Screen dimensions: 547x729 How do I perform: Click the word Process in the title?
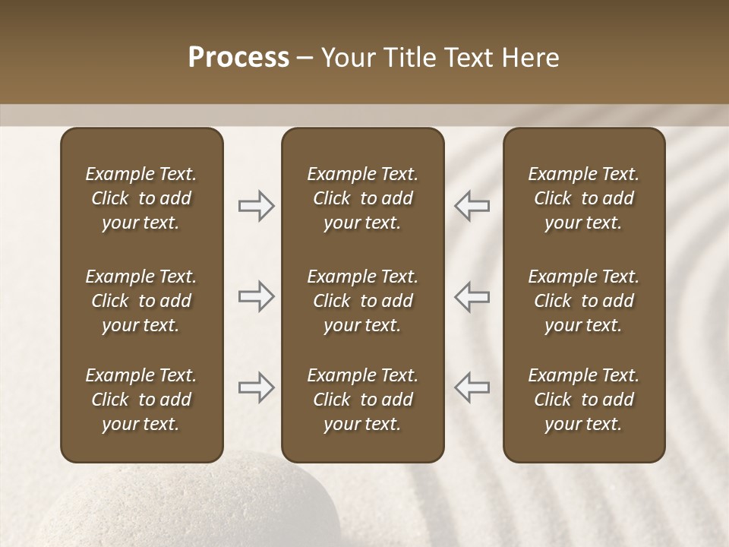(238, 58)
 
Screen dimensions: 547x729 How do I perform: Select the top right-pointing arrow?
(256, 206)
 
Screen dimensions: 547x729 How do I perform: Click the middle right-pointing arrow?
(256, 296)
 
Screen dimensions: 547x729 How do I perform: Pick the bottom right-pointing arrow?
(256, 387)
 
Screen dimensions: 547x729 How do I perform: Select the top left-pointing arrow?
(472, 206)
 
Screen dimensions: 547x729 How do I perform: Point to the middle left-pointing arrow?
(472, 296)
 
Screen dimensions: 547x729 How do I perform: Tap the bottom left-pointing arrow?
(472, 387)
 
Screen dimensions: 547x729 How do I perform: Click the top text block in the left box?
(141, 198)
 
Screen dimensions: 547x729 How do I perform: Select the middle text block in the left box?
(141, 301)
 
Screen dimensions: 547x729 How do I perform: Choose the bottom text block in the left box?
(141, 400)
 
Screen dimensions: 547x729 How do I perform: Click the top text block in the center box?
(362, 198)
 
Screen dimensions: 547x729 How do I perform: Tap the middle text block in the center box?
(362, 301)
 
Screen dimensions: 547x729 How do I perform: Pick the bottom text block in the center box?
(362, 400)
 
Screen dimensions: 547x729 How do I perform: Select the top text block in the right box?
(583, 198)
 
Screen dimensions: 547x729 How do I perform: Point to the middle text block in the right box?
(583, 301)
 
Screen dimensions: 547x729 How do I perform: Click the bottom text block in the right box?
(583, 400)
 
